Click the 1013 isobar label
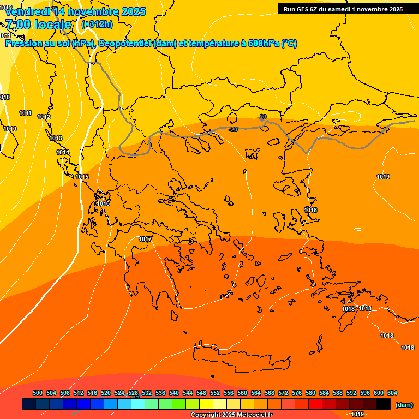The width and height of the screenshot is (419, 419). (56, 139)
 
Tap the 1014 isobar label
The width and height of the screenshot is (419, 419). (63, 152)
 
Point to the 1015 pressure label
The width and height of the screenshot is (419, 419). (82, 177)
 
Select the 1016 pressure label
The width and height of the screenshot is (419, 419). (103, 204)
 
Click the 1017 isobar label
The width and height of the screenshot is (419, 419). (145, 240)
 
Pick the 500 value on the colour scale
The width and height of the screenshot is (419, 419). (38, 393)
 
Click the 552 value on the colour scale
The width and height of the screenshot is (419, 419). (215, 393)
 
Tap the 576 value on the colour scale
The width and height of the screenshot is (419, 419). (297, 393)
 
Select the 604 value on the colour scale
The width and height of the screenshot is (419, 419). (392, 393)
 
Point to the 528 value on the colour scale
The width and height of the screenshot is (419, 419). (133, 393)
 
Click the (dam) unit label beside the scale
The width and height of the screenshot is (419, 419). (404, 404)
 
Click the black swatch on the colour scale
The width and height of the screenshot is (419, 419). (383, 404)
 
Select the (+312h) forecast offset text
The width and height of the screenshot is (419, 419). (97, 25)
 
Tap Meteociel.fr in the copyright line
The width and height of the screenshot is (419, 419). (253, 415)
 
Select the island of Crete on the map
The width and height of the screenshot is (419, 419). (240, 355)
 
